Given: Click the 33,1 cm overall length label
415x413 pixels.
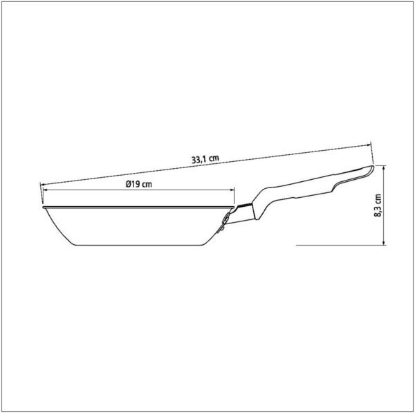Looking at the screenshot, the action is (x=205, y=159).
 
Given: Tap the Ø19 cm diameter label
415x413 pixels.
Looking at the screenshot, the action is (x=139, y=184).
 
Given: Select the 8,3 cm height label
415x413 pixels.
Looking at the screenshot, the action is (x=378, y=205).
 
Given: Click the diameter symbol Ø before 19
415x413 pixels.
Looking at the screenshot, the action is (x=129, y=184).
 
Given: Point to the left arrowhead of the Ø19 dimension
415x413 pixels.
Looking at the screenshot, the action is (x=45, y=190).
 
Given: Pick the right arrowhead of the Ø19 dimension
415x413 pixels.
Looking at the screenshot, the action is (x=232, y=190).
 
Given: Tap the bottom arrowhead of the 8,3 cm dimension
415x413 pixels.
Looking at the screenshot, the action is (x=385, y=243).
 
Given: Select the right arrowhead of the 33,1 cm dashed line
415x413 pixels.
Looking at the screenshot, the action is (x=368, y=145).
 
